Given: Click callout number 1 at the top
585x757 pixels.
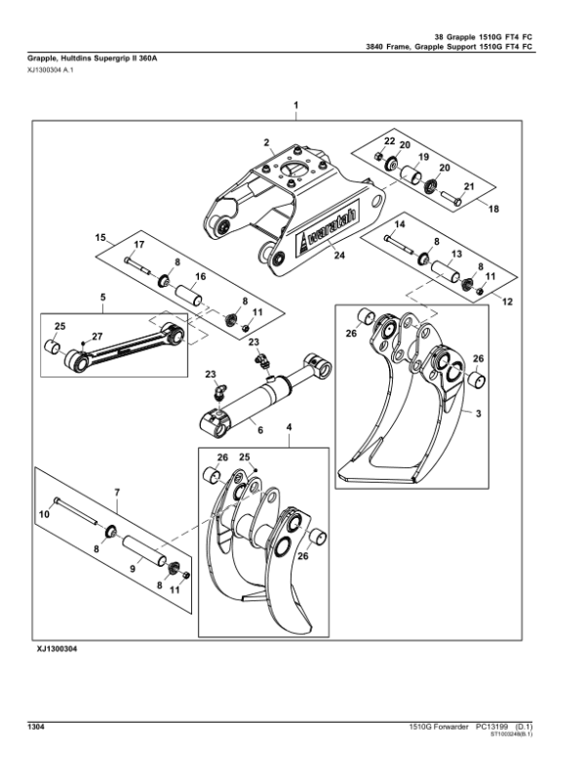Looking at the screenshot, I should pos(295,103).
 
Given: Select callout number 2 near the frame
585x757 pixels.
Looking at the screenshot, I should pos(266,144).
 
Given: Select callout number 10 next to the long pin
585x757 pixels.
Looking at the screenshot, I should pos(43,514).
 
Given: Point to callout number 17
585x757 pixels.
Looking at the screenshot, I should pos(138,244).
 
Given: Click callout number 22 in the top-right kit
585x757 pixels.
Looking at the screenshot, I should pos(389,141).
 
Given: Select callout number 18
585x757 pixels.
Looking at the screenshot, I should pos(492,209).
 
